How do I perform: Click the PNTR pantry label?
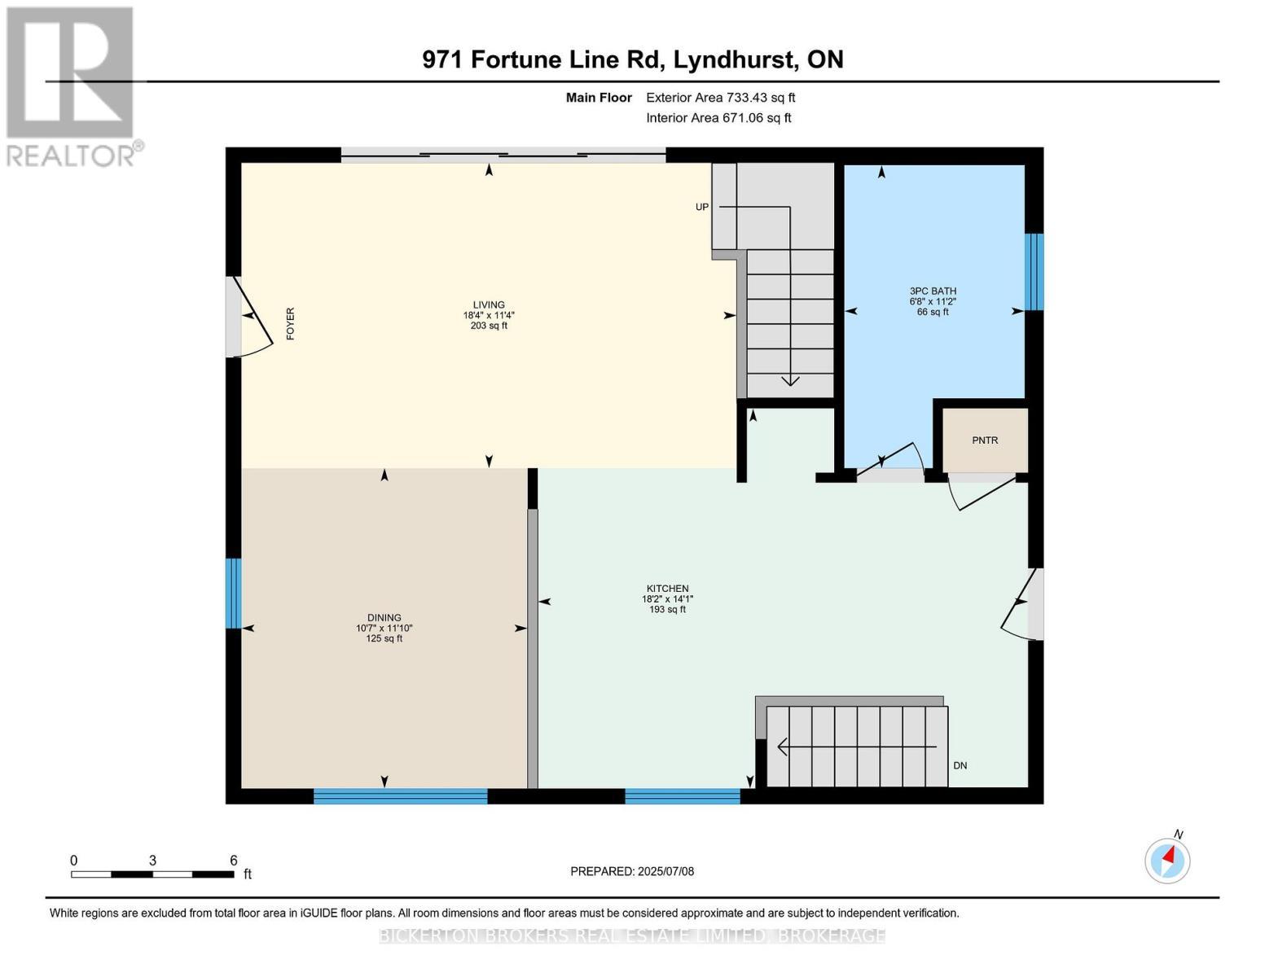(x=985, y=440)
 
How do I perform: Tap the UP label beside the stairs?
(x=702, y=207)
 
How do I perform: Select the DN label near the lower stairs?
(x=960, y=765)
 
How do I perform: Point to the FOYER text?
(x=290, y=323)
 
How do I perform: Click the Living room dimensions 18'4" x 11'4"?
(x=489, y=315)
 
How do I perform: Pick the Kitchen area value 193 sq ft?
(x=668, y=609)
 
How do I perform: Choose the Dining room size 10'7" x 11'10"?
(x=384, y=628)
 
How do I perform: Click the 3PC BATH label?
(x=933, y=291)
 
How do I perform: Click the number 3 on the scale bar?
(x=152, y=860)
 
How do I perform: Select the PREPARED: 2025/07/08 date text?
(x=632, y=871)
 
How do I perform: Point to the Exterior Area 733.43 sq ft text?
(x=721, y=98)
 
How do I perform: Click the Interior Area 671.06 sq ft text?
(x=719, y=117)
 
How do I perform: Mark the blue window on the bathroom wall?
(x=1034, y=272)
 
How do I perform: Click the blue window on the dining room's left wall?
(x=234, y=593)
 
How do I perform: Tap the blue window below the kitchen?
(x=683, y=796)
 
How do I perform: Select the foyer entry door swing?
(x=254, y=318)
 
